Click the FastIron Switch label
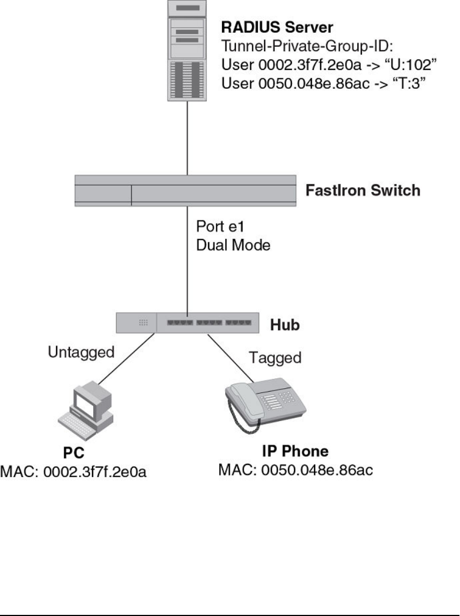click(363, 191)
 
